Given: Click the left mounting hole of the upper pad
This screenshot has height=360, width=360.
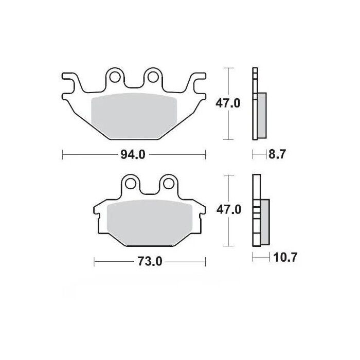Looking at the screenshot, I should [x=116, y=78].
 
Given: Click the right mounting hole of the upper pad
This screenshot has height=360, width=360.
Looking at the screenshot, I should [x=153, y=78].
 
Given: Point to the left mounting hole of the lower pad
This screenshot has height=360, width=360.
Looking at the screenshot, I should [x=130, y=184].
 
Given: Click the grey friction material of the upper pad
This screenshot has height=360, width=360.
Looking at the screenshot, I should [x=134, y=116].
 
